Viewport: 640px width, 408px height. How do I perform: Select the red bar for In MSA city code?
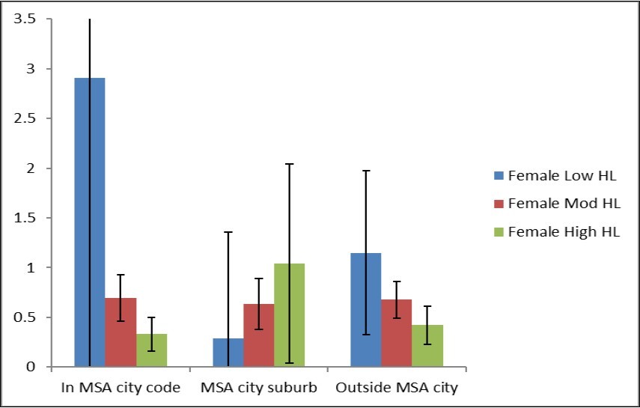121,332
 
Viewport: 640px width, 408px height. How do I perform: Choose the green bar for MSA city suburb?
289,315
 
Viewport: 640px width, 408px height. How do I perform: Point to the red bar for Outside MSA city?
396,333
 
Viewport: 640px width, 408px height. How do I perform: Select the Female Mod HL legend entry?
553,204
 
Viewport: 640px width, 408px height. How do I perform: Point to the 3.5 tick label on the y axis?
25,19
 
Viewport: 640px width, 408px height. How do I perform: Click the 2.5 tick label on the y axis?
25,118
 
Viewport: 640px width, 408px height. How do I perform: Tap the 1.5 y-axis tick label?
25,218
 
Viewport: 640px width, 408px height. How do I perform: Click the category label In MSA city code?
121,389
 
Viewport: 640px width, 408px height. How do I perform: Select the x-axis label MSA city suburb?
258,389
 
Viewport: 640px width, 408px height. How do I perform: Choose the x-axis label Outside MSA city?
396,389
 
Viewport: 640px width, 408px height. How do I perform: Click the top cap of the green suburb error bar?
289,164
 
